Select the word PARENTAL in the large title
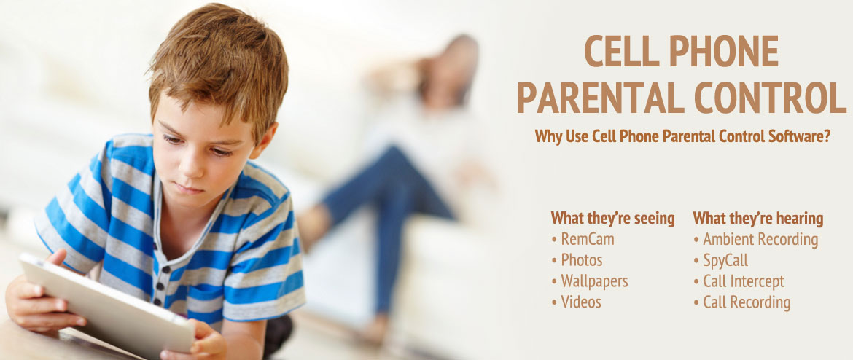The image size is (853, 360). [599, 97]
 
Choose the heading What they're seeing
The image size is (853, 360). [612, 219]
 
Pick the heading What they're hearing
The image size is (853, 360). [757, 219]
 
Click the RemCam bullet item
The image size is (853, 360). [583, 239]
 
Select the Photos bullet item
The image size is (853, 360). [577, 260]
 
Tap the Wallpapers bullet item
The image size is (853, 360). [590, 281]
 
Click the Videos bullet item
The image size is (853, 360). [576, 302]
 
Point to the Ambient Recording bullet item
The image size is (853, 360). [755, 239]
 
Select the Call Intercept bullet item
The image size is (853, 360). [739, 281]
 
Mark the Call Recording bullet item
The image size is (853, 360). [742, 302]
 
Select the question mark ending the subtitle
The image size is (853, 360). [827, 136]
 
